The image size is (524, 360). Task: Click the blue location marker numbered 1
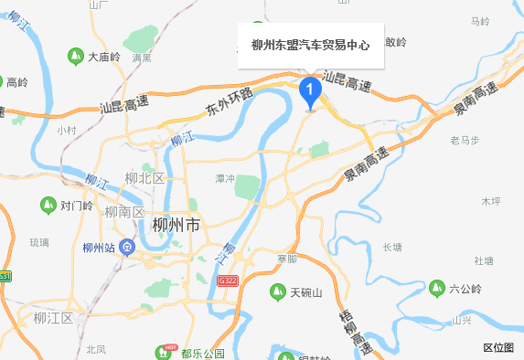pos(310,90)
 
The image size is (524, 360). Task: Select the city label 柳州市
pos(176,226)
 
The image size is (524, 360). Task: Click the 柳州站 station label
pos(98,248)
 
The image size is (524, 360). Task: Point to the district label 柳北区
pos(145,178)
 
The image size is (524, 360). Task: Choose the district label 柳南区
pos(127,212)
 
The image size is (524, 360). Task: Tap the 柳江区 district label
pos(52,318)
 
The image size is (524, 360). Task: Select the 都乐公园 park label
pos(202,354)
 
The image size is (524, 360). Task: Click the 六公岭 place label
pos(465,290)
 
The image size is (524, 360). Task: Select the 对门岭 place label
pos(76,206)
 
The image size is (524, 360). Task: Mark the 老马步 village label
pos(465,140)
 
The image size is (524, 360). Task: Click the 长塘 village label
pos(391,247)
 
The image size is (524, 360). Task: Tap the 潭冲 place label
pos(224,177)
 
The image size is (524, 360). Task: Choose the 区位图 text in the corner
pos(497,347)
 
